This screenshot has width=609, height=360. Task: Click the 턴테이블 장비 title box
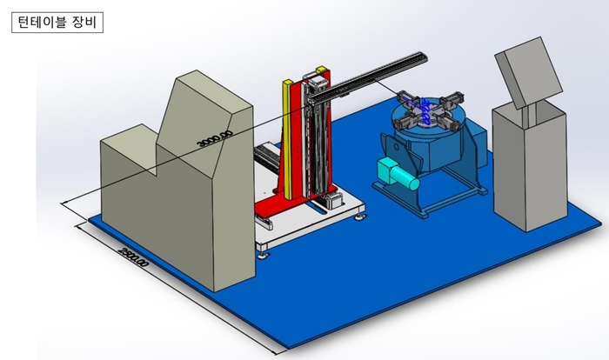[x=57, y=23]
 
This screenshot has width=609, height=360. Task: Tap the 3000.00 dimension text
[x=215, y=138]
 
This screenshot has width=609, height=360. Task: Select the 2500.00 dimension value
[x=133, y=257]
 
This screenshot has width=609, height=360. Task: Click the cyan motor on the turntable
[x=398, y=174]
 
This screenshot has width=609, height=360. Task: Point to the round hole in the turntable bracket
[x=395, y=148]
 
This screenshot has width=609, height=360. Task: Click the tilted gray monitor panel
[x=529, y=73]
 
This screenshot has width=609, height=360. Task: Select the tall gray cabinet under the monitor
[x=530, y=165]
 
